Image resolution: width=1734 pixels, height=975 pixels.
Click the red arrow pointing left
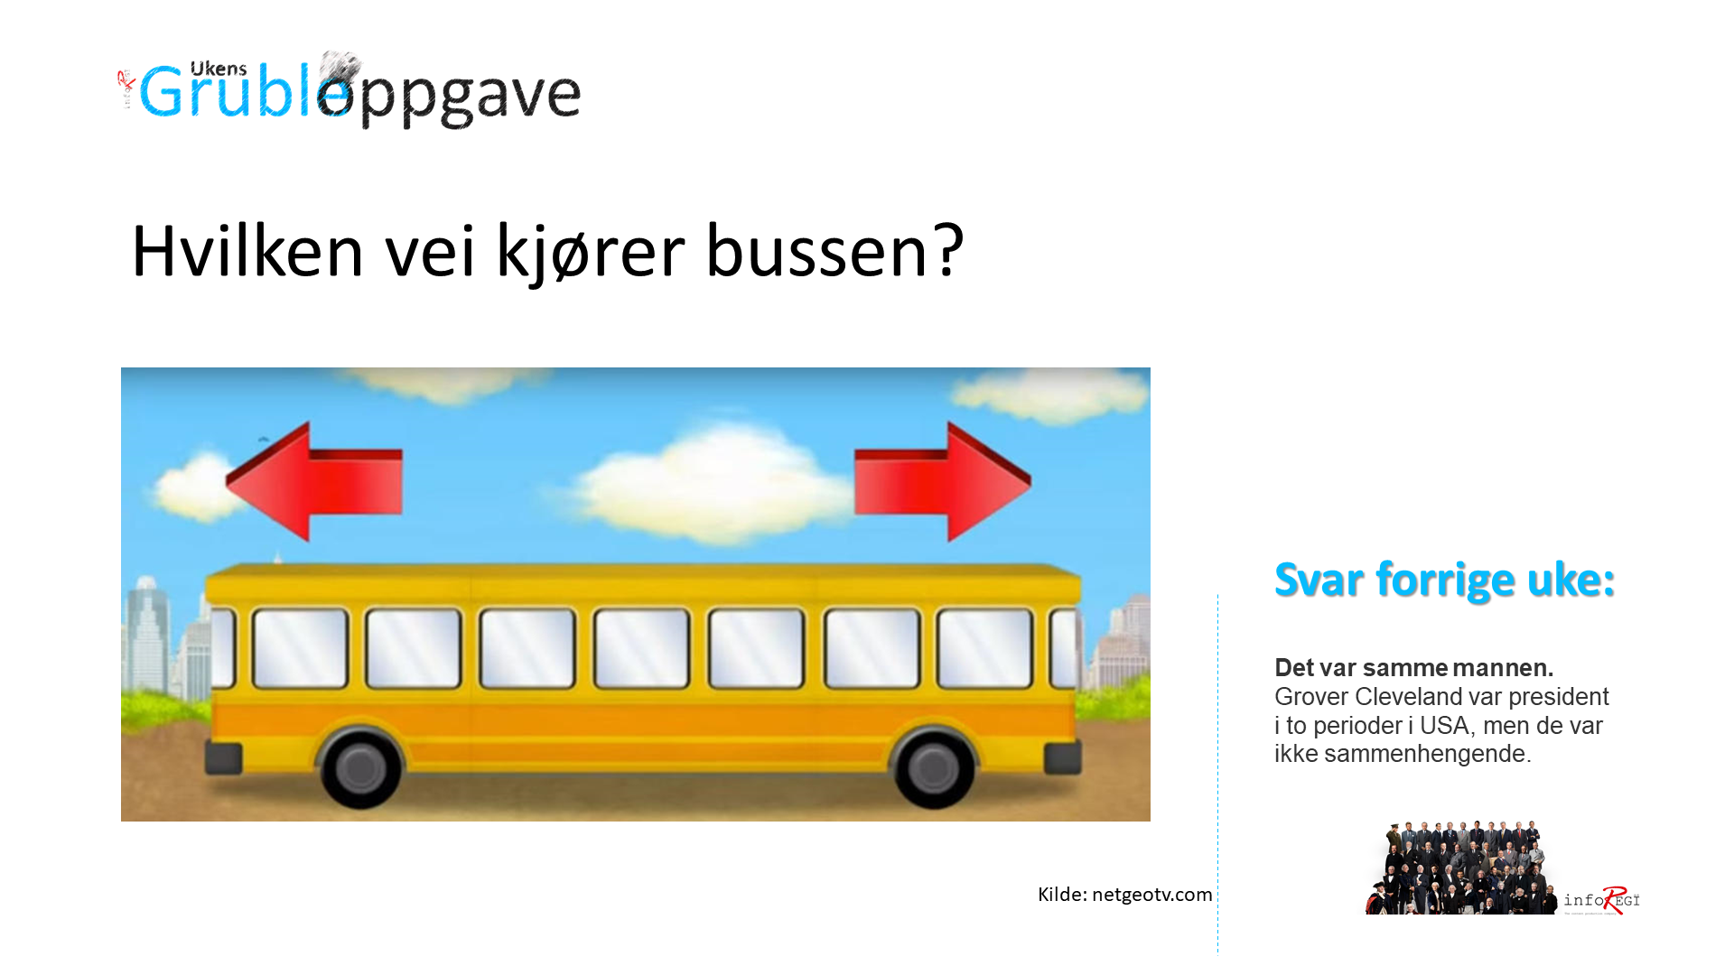(313, 482)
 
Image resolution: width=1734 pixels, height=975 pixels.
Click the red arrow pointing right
(943, 482)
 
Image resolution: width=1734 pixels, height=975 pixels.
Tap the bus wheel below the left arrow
(360, 767)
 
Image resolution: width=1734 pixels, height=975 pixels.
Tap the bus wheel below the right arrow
(933, 767)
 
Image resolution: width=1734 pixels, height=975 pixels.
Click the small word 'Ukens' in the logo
(219, 70)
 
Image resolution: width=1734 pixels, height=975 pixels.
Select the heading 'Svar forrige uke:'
(1444, 580)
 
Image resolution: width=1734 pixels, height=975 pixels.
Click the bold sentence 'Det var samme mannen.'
(1413, 668)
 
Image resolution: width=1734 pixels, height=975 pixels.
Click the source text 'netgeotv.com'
(1152, 895)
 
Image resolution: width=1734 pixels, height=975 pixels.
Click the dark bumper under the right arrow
(1063, 759)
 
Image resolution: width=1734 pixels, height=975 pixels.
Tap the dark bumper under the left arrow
(223, 759)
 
